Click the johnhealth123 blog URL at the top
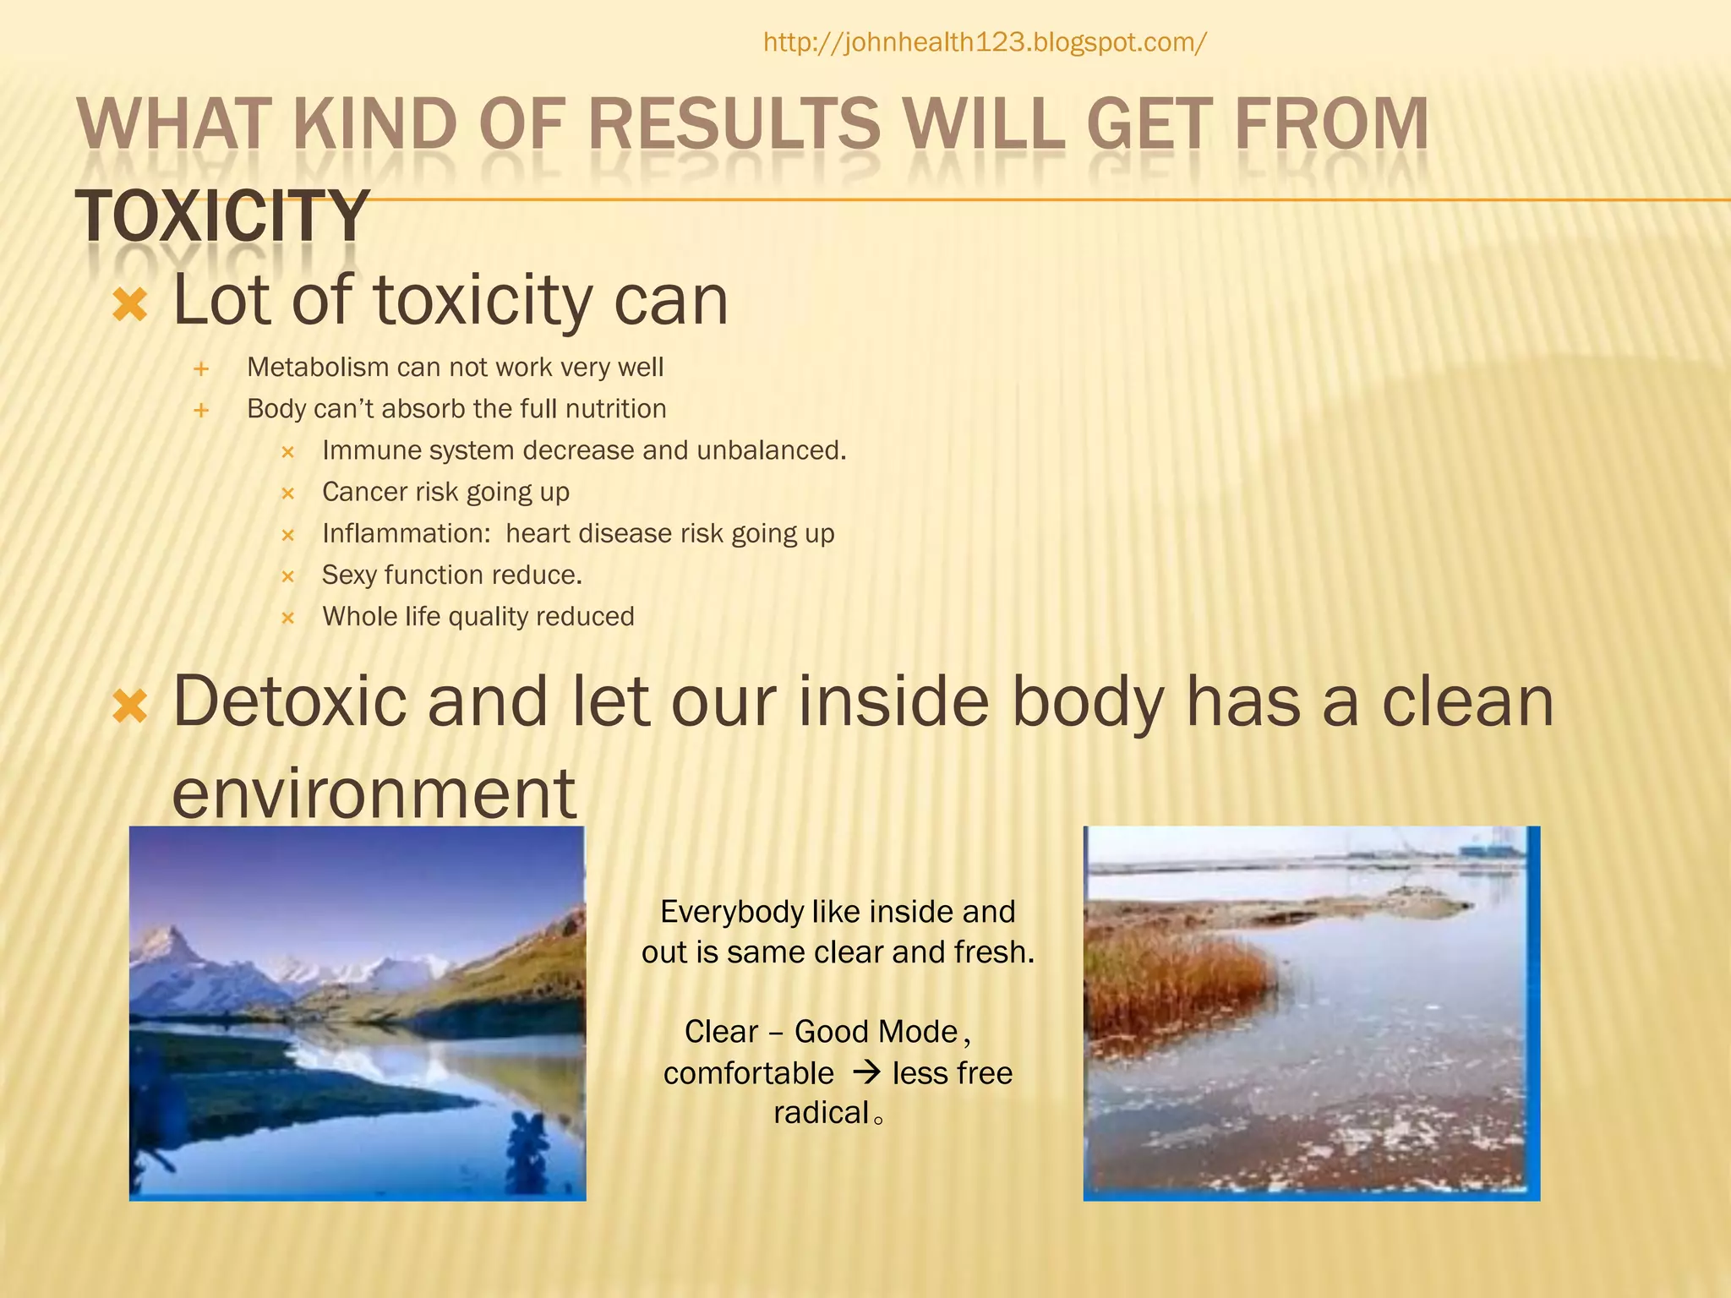tap(985, 42)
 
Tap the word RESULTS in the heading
tap(734, 124)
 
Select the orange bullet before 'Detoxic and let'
tap(130, 706)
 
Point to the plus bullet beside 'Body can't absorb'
tap(201, 411)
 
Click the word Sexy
tap(349, 575)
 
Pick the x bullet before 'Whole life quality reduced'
tap(287, 619)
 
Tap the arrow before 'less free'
tap(867, 1073)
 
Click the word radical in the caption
tap(821, 1113)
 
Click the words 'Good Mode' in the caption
tap(876, 1032)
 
